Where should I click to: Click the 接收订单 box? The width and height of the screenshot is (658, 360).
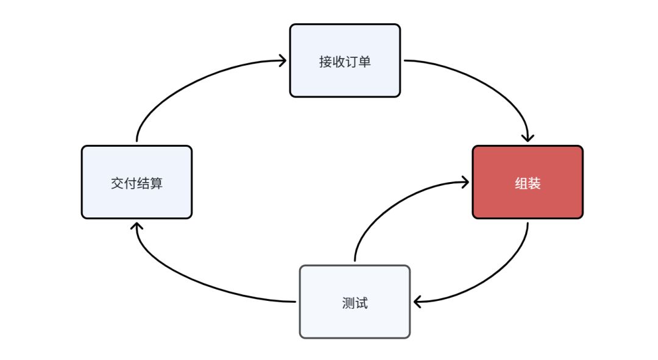[345, 61]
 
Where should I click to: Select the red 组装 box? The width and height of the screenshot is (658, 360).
[528, 182]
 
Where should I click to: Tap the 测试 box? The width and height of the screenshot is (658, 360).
[355, 302]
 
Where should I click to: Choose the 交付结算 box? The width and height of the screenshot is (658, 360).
[137, 182]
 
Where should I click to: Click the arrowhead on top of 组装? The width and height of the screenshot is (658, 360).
[528, 138]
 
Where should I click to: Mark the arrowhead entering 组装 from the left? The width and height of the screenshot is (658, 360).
[465, 182]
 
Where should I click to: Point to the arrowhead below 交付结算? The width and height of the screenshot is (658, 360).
[136, 226]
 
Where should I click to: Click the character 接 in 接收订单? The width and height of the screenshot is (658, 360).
[325, 62]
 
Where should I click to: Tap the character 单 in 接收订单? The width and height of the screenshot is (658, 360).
[365, 62]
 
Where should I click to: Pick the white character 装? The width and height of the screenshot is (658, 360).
[534, 183]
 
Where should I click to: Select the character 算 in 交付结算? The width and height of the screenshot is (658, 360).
[156, 183]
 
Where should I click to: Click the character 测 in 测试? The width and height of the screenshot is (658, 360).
[348, 303]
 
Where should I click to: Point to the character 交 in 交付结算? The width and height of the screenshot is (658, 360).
[117, 183]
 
